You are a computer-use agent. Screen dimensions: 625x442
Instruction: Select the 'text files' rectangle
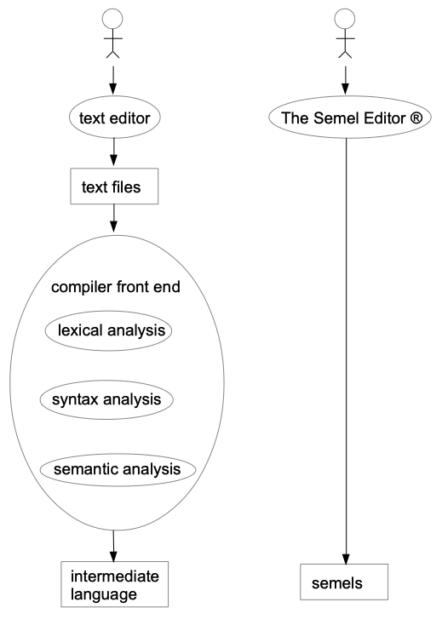coord(113,185)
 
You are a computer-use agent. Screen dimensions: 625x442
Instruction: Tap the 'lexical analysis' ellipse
coord(115,330)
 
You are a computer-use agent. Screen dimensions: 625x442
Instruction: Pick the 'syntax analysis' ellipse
coord(115,399)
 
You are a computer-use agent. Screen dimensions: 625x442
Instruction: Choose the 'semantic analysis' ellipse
coord(117,468)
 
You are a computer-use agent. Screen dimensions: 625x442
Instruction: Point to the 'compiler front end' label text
coord(115,287)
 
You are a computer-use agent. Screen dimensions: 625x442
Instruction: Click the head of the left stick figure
coord(113,18)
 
